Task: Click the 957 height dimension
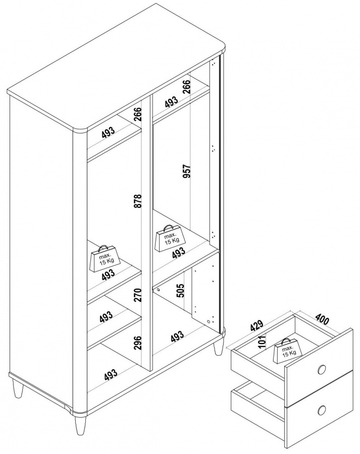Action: [187, 171]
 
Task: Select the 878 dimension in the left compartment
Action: [138, 201]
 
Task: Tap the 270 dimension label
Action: [138, 295]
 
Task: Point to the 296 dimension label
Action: [138, 343]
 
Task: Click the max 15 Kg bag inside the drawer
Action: [287, 351]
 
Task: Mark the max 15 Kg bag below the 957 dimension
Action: [171, 238]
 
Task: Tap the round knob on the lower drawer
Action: [322, 410]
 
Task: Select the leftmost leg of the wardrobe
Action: [18, 389]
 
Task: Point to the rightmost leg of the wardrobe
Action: [218, 348]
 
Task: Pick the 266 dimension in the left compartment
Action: [138, 114]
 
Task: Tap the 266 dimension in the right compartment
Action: [187, 86]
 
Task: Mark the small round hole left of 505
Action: [159, 289]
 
